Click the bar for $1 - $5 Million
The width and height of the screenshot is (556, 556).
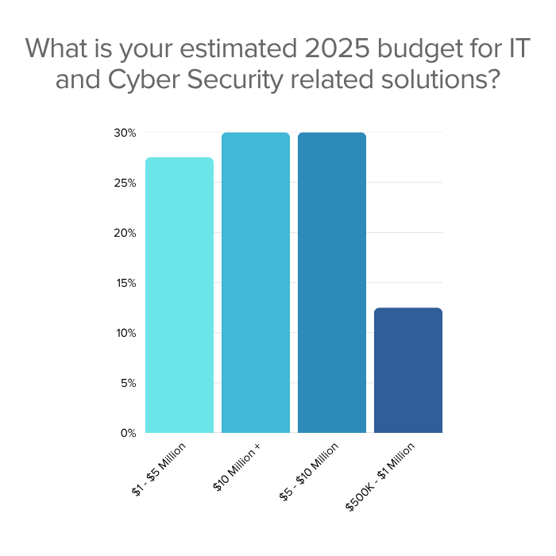point(180,295)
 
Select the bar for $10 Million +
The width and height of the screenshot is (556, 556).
point(256,282)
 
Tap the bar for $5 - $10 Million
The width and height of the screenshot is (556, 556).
point(332,282)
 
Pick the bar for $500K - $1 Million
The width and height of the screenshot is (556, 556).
point(407,370)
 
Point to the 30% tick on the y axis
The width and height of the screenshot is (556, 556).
point(125,133)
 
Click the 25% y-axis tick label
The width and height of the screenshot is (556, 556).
point(125,183)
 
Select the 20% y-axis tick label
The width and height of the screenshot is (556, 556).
point(125,233)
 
